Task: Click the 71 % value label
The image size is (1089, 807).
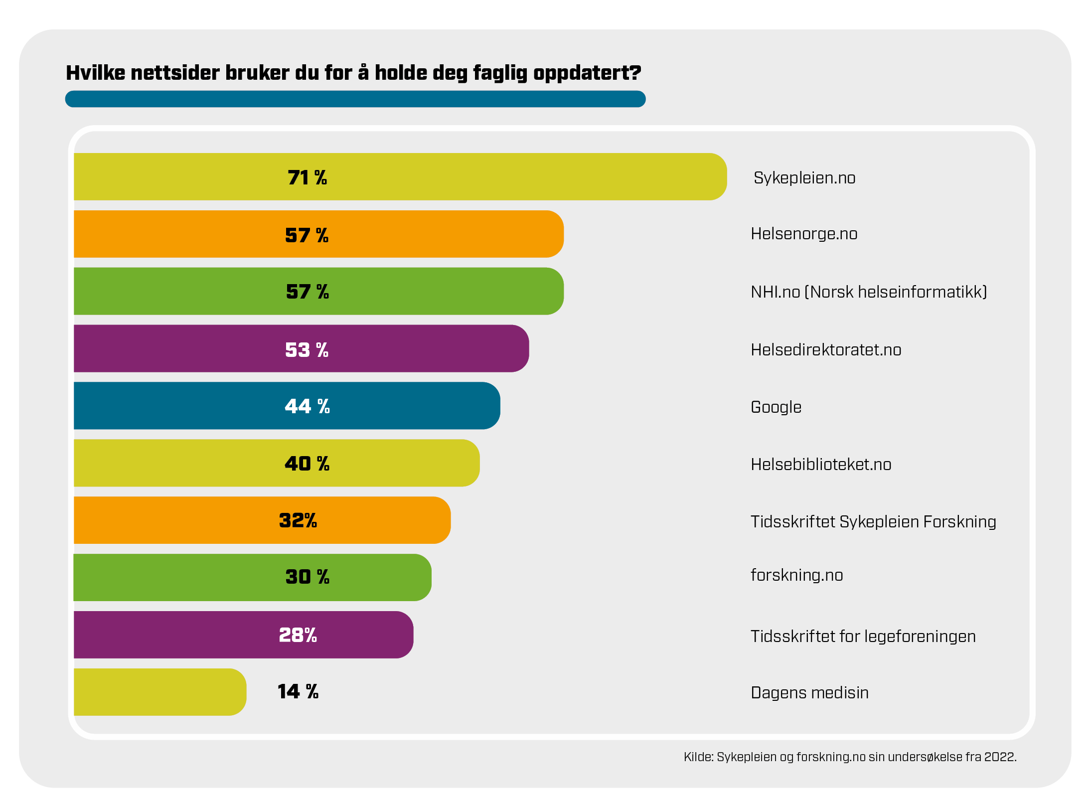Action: pos(307,177)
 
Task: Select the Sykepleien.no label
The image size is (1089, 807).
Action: pos(804,178)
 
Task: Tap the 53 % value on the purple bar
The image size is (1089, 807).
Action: pos(307,349)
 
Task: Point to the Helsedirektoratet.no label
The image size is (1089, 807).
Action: pos(825,350)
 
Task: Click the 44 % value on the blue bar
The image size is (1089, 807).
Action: pos(307,406)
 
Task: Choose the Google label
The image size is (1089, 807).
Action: pos(776,407)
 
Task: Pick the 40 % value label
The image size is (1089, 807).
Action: pos(307,464)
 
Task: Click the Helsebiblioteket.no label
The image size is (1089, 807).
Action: pos(820,465)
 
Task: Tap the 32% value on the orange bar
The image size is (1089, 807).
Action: pos(298,520)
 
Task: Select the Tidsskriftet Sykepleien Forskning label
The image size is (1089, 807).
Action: pos(873,522)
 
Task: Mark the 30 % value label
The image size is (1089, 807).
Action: pos(307,577)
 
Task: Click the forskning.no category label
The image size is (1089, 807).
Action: pos(796,575)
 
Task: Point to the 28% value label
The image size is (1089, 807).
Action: pos(298,635)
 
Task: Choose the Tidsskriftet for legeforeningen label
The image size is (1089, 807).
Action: pos(863,637)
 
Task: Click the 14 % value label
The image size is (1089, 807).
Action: pos(298,691)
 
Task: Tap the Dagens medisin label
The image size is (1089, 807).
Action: pos(809,693)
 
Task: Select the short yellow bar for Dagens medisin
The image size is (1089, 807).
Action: pos(159,692)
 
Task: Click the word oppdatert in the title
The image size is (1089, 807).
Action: pos(587,73)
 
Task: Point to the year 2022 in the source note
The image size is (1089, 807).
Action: pos(999,757)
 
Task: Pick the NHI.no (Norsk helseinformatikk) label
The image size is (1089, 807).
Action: pos(868,292)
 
